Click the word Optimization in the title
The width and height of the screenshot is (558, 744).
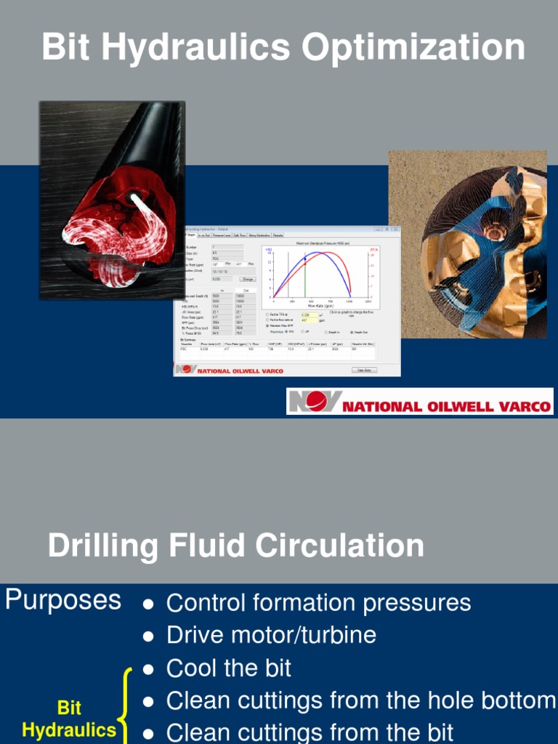coord(413,49)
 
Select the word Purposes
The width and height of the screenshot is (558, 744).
coord(63,600)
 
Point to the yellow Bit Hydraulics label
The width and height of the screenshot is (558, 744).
coord(69,719)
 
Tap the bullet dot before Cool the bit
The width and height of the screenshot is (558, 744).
coord(148,669)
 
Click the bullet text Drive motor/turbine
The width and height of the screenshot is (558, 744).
coord(271,635)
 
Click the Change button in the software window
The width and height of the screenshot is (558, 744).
coord(248,279)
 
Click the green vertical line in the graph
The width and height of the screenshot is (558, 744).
coord(305,280)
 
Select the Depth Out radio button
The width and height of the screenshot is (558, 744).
coord(352,331)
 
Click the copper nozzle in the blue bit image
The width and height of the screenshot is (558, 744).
coord(497,232)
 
